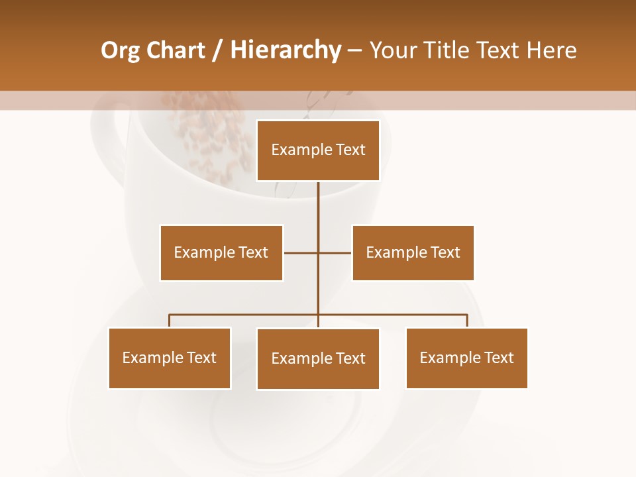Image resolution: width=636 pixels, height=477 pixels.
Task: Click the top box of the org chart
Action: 318,150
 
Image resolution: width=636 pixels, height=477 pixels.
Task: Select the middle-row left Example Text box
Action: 221,252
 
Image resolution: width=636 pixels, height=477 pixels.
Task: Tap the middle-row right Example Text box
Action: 413,252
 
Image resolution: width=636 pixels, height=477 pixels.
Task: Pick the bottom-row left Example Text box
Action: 170,358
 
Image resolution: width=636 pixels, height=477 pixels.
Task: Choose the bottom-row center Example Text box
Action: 318,358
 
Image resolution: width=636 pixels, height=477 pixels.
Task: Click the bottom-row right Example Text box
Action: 466,358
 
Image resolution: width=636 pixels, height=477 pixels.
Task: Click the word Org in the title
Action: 119,51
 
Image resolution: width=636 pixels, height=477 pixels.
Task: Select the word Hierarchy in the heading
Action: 286,50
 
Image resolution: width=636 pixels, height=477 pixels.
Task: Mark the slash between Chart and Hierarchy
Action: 217,51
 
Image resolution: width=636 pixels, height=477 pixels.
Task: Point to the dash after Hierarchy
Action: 354,51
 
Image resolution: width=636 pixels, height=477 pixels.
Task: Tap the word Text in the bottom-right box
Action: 498,358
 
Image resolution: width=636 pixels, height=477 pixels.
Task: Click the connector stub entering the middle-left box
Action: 300,252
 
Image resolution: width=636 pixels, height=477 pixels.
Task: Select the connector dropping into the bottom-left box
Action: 170,321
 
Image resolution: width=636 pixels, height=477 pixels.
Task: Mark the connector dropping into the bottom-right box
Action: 467,321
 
